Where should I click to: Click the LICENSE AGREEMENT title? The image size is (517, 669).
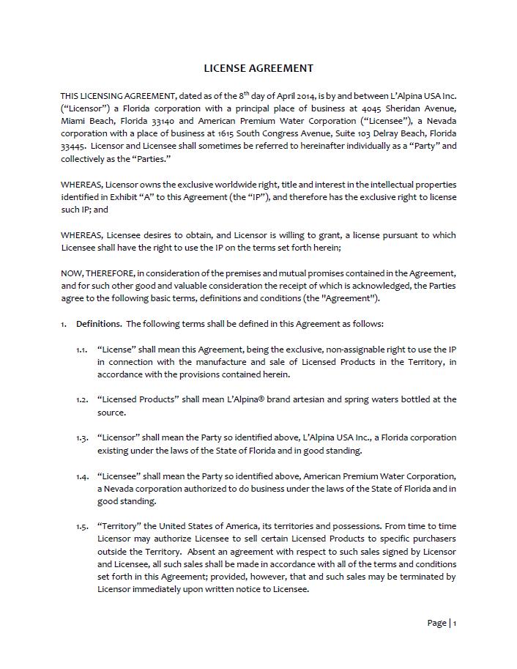[258, 68]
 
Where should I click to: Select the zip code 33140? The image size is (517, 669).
[160, 121]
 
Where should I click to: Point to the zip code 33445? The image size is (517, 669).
[73, 146]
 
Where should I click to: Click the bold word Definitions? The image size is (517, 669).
[99, 324]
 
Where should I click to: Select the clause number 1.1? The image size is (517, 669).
[81, 350]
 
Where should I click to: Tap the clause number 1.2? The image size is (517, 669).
[81, 400]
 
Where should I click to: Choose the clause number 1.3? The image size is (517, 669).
[81, 438]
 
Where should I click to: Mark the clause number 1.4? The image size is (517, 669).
[81, 476]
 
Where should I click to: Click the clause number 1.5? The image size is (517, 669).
[81, 526]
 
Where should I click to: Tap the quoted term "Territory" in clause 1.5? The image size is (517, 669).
[117, 526]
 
